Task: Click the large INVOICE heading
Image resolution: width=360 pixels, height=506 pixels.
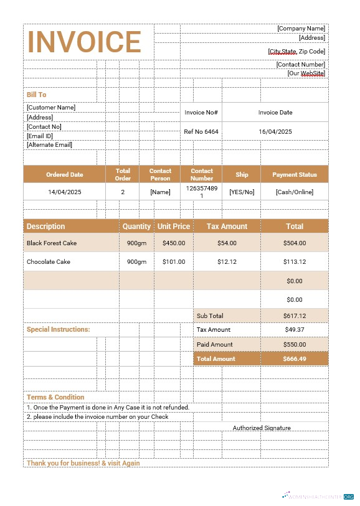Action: click(85, 42)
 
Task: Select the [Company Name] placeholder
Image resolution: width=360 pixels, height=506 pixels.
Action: click(301, 28)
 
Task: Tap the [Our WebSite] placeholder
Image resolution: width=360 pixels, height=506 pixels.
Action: click(306, 73)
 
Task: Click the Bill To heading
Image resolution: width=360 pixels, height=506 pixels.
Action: click(36, 95)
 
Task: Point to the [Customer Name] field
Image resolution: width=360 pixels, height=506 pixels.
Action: click(51, 107)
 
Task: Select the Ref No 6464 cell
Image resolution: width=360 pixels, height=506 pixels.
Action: click(201, 132)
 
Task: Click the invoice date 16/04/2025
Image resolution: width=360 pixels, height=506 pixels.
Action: click(275, 132)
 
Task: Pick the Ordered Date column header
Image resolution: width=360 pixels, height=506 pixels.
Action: click(65, 175)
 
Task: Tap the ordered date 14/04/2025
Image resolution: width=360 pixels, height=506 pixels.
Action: click(65, 192)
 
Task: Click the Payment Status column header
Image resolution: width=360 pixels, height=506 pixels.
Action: click(295, 175)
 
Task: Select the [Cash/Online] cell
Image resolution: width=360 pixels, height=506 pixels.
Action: click(295, 192)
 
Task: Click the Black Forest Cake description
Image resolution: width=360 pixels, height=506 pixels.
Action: click(52, 243)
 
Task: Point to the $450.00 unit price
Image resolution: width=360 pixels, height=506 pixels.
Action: click(174, 243)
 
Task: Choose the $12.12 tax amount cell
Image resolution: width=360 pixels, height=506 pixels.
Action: click(227, 261)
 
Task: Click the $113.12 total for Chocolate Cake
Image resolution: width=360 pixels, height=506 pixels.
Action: click(295, 261)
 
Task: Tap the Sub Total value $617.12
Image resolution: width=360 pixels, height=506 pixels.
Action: click(295, 316)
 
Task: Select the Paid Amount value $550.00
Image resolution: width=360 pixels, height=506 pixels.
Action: click(295, 344)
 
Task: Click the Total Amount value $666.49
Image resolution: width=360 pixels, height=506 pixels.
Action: click(295, 358)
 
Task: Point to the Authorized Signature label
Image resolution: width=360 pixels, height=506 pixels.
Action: click(262, 428)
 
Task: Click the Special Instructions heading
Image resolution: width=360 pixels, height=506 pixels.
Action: click(58, 329)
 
